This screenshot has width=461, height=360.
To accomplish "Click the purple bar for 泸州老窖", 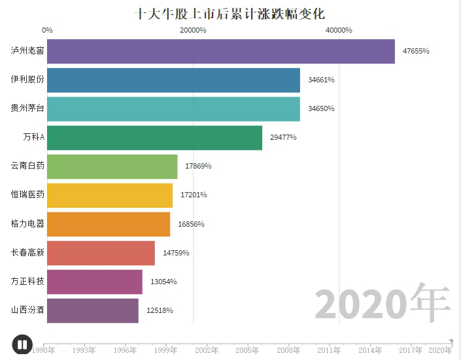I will pos(221,51).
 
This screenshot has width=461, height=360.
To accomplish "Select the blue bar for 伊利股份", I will pos(173,80).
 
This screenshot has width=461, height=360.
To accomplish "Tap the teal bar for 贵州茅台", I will pos(173,108).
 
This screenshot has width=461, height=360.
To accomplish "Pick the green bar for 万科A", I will pos(154,137).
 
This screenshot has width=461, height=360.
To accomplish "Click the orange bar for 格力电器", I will pos(109,224).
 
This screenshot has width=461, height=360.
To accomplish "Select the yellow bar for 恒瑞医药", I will pos(110,195).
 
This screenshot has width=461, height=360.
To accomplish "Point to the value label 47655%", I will pos(416,51).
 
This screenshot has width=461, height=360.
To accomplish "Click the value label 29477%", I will pos(283,137).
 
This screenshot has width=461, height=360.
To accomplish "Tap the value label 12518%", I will pos(160,310).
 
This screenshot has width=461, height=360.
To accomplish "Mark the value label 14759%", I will pos(176,253).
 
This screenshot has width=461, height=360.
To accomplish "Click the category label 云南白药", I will pos(27,166).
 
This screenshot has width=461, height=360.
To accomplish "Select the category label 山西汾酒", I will pos(27,310).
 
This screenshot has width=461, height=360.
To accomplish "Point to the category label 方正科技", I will pos(27,282).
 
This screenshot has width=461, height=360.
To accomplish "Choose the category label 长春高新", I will pos(27,253).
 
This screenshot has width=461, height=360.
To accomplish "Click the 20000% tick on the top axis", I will pos(193,30).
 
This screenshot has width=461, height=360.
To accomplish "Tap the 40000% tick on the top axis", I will pos(339,30).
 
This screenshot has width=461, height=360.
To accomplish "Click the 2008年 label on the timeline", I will pos(288,351).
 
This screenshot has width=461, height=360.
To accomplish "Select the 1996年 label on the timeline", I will pos(125,351).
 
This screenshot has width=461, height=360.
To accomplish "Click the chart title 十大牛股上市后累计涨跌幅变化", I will pos(230,13).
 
